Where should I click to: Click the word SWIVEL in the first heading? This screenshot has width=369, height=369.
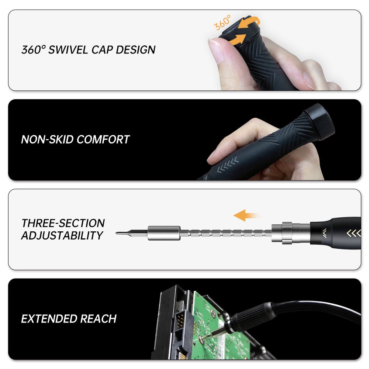pos(68,50)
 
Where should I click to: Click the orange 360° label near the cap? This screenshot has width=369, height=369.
pos(222,23)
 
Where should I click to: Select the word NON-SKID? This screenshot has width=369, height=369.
pos(47,139)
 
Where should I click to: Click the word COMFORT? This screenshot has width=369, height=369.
pos(103,139)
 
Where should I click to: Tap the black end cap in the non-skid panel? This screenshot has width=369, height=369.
pos(319,123)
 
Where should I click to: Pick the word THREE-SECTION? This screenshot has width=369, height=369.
pos(63,223)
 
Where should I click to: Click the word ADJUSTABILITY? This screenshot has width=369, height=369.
pos(62,235)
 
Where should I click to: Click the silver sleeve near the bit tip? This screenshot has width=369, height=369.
pos(164,233)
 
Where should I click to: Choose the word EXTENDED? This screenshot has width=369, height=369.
pos(49,319)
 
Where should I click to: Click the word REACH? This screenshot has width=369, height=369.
pos(99,319)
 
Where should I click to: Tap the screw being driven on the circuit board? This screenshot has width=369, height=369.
pos(201,339)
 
